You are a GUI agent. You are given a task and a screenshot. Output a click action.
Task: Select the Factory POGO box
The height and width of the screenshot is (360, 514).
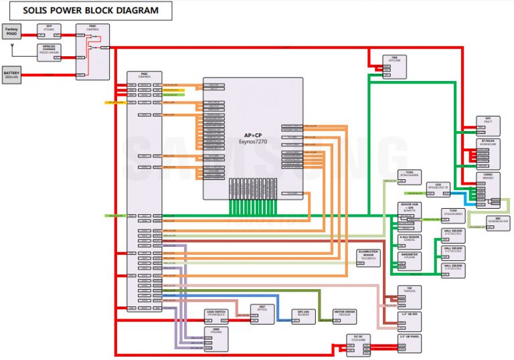tap(11, 30)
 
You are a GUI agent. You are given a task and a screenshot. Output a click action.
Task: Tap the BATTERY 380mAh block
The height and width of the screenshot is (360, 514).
tap(12, 75)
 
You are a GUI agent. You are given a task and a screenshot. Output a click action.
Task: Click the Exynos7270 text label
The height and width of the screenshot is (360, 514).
tap(253, 142)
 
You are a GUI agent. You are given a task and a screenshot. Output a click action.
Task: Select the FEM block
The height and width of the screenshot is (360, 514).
tap(394, 62)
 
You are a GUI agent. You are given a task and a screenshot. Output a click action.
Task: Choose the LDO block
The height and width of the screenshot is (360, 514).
tap(438, 186)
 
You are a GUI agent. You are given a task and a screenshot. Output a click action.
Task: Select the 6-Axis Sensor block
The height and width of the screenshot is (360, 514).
tap(410, 240)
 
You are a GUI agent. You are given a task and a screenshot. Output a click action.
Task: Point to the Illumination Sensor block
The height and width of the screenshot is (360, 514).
tap(367, 256)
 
